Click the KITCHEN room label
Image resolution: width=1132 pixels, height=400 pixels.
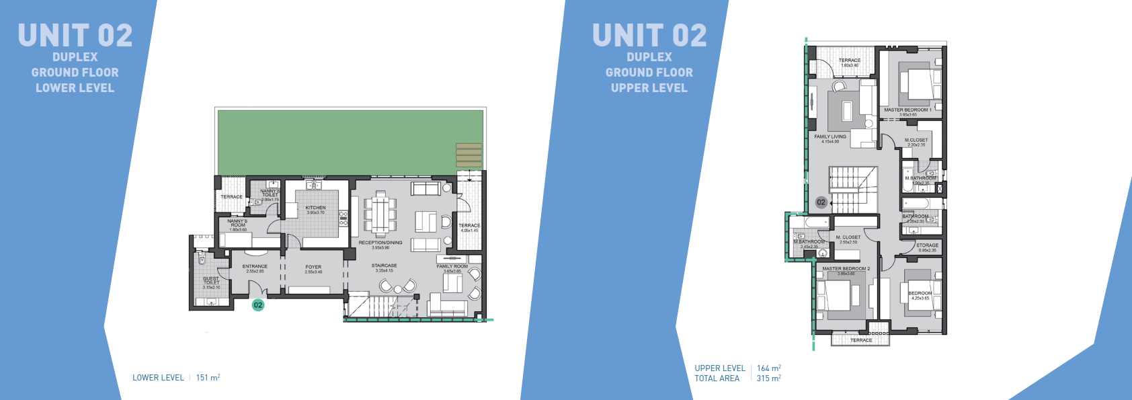[315, 208]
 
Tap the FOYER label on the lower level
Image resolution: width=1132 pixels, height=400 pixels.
[313, 268]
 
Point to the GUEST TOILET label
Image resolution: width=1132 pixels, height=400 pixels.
[211, 281]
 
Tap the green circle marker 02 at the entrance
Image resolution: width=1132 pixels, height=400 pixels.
[257, 305]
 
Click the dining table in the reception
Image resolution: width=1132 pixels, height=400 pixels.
[380, 214]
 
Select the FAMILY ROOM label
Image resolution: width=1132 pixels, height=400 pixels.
[452, 267]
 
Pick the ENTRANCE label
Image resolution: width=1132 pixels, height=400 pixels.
[255, 267]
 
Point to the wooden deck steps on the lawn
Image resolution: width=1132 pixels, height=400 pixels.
[469, 155]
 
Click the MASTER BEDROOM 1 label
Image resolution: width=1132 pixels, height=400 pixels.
[907, 110]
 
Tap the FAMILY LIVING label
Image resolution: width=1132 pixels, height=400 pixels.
[830, 137]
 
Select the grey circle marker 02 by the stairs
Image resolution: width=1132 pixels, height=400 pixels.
[821, 202]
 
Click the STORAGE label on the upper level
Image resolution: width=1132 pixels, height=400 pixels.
[927, 246]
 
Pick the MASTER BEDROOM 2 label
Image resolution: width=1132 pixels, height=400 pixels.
[846, 269]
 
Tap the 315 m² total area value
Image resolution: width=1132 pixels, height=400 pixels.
[768, 378]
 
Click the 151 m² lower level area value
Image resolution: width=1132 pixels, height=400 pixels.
[208, 378]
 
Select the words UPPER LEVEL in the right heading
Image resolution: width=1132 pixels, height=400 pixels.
[649, 88]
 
